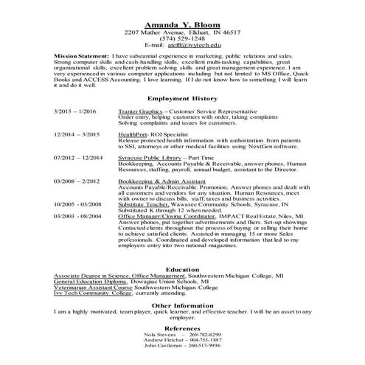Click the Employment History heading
(x=182, y=98)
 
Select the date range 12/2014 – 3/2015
(x=77, y=135)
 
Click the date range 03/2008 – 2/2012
(x=77, y=181)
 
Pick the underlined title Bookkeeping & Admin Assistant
(x=157, y=181)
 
